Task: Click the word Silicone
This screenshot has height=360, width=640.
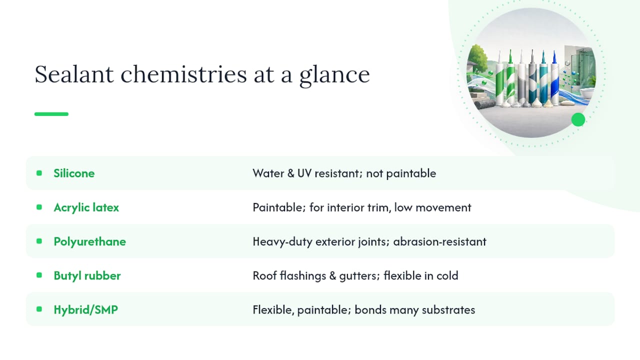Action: (74, 173)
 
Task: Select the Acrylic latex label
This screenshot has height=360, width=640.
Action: (86, 207)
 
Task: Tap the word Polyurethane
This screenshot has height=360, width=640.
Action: (89, 241)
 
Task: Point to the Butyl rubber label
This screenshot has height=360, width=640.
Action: (87, 275)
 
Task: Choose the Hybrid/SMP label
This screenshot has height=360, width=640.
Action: (85, 309)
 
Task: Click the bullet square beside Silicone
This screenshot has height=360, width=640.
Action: (39, 173)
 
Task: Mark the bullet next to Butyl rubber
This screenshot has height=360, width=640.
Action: (39, 275)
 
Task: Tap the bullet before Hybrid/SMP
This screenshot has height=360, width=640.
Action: (39, 309)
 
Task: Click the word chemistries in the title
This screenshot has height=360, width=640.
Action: (183, 74)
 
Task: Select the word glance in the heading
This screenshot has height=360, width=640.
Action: (334, 75)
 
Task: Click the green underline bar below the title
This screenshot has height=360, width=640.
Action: (51, 114)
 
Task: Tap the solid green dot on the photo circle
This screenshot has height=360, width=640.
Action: (578, 119)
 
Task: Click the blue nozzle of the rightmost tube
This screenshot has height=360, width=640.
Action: (554, 57)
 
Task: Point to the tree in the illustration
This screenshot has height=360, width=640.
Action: (477, 58)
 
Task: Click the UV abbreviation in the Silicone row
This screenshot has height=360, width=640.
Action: (304, 173)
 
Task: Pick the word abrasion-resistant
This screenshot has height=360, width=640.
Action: (439, 241)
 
